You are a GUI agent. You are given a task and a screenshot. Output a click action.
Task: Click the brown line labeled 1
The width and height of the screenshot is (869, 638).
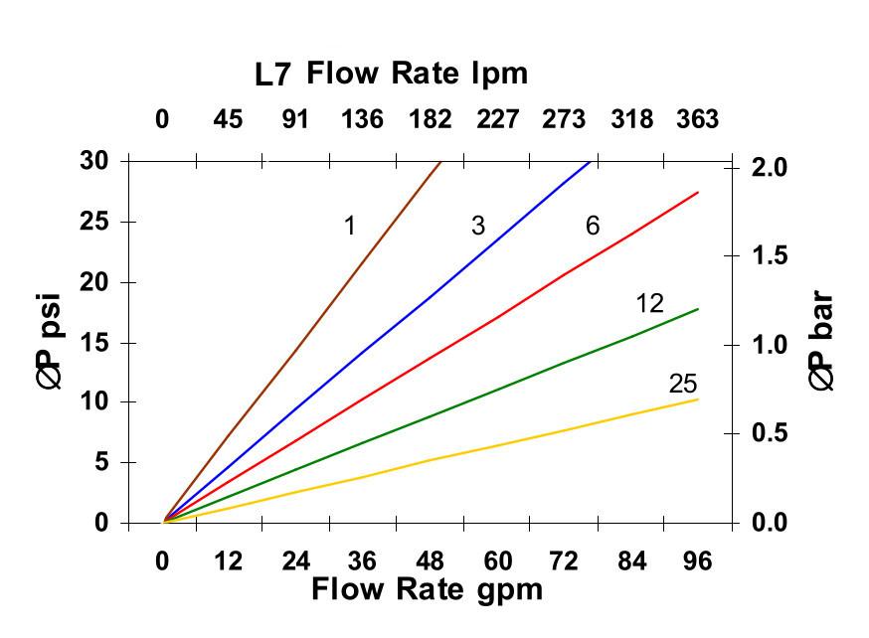(x=302, y=341)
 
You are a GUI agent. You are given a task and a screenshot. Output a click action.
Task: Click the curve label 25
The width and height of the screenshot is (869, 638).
(x=683, y=384)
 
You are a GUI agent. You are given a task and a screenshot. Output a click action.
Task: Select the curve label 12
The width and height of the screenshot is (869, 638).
(x=649, y=303)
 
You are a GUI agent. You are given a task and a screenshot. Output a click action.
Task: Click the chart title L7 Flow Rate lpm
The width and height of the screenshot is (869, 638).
(x=391, y=74)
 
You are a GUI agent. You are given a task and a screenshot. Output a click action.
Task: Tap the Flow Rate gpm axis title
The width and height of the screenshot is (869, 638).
(x=428, y=589)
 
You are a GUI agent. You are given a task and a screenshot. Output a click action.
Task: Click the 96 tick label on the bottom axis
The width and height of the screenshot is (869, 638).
(x=698, y=560)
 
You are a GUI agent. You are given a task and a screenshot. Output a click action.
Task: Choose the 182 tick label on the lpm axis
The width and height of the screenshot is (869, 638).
(x=430, y=119)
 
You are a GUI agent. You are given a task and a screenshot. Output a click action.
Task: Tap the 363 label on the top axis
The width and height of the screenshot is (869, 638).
(x=698, y=119)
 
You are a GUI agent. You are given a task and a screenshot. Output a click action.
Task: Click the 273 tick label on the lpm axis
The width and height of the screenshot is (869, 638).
(x=564, y=119)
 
